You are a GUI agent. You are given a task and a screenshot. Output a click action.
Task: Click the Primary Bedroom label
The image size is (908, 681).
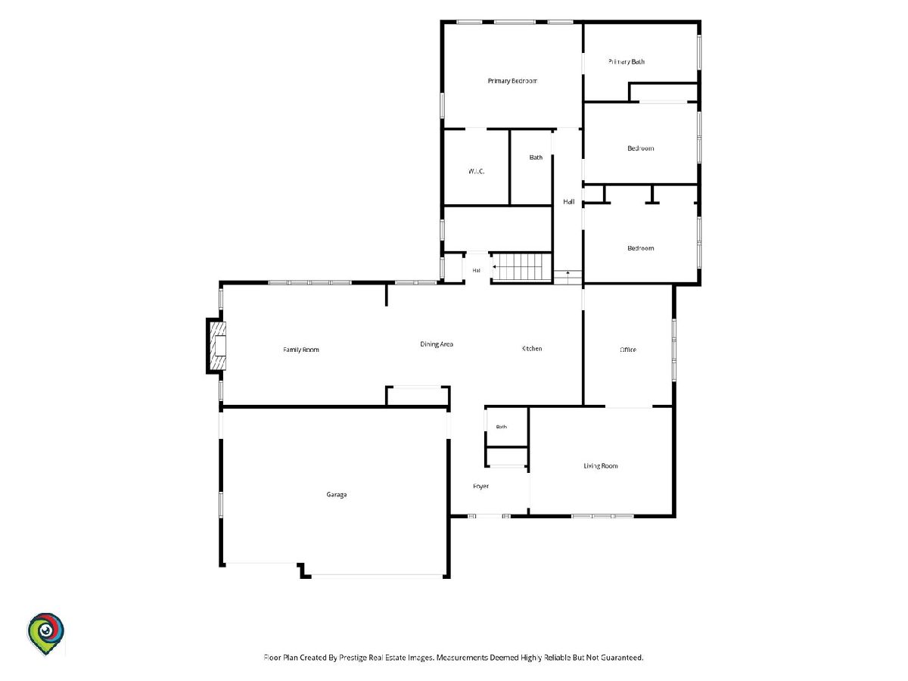tap(512, 81)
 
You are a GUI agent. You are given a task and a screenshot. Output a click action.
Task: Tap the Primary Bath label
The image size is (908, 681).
tap(627, 61)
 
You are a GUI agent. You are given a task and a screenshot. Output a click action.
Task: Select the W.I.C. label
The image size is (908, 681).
tap(476, 171)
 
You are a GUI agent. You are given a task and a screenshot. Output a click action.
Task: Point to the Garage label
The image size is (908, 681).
tap(336, 495)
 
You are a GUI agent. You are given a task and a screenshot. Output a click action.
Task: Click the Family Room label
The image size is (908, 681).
tap(300, 350)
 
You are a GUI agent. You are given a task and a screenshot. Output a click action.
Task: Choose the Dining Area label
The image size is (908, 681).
tap(437, 344)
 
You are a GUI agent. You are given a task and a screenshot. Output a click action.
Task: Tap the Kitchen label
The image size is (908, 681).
tap(532, 349)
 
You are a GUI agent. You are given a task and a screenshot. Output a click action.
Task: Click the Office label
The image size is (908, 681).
tap(628, 350)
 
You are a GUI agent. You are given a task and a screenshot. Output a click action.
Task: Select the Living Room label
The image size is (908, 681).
tap(601, 466)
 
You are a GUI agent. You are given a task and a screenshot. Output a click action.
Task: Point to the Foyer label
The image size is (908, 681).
tap(480, 487)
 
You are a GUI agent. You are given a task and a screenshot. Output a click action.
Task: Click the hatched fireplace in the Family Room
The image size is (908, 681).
tap(218, 346)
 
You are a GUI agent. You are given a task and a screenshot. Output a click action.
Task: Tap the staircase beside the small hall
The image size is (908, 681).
tap(522, 267)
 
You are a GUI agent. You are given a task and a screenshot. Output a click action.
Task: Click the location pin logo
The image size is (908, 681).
tap(45, 634)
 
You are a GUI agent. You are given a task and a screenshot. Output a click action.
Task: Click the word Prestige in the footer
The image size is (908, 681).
tap(351, 658)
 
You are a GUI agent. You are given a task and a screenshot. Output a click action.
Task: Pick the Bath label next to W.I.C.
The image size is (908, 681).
tap(536, 157)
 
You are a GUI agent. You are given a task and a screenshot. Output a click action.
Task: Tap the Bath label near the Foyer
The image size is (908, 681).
tap(502, 427)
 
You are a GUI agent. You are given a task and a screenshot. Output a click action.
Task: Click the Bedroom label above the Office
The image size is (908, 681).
tap(640, 248)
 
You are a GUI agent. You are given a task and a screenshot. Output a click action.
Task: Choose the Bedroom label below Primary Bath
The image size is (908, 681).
tap(640, 148)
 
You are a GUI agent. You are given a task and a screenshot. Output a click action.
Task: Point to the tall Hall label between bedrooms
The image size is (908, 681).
tap(569, 202)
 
